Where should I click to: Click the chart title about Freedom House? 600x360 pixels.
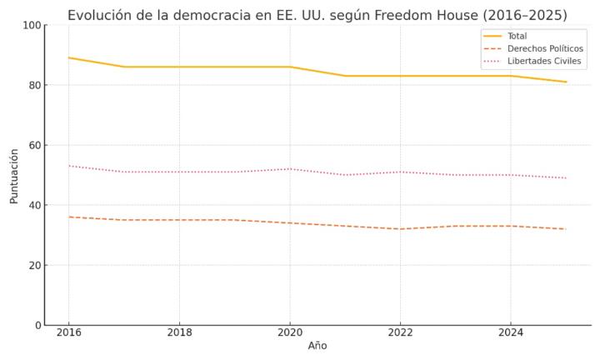[x=317, y=15]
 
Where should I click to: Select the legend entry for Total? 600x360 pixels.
[x=517, y=37]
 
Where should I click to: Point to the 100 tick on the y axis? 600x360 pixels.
[x=32, y=25]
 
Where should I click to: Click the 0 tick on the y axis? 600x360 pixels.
[x=37, y=325]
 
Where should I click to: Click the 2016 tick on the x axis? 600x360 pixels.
[x=68, y=332]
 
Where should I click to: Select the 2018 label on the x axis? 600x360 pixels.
[x=179, y=332]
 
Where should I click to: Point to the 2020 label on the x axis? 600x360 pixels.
[x=290, y=332]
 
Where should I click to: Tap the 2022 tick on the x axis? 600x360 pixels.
[x=400, y=332]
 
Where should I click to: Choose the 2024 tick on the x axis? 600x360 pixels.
[x=511, y=332]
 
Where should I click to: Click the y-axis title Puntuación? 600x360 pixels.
[x=14, y=175]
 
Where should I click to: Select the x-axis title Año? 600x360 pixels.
[x=317, y=346]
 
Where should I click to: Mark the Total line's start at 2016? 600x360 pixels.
[x=68, y=57]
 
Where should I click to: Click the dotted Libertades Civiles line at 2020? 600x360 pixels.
[x=290, y=169]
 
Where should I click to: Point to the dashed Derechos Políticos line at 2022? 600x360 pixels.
[x=400, y=229]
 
